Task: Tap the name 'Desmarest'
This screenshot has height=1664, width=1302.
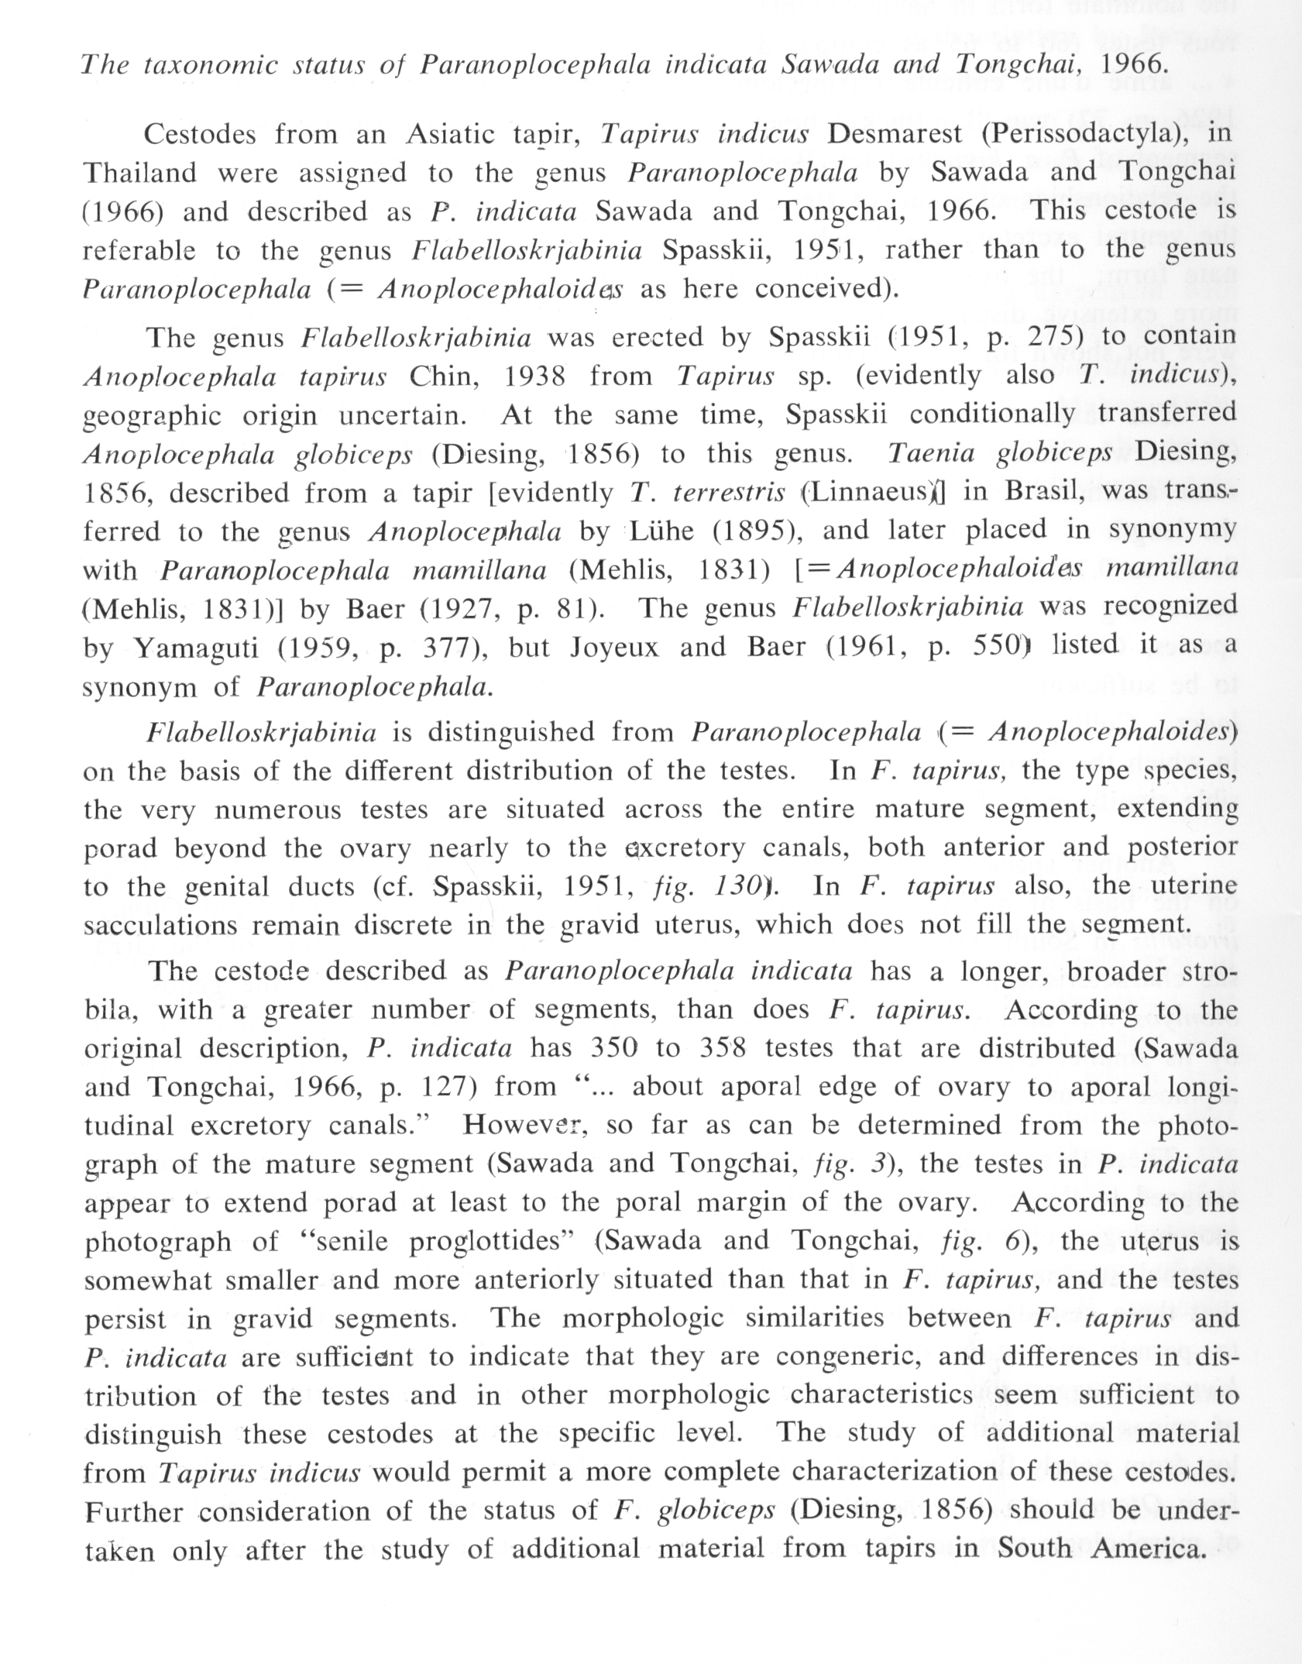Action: (x=894, y=134)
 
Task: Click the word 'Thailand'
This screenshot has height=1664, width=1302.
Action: (x=139, y=173)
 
